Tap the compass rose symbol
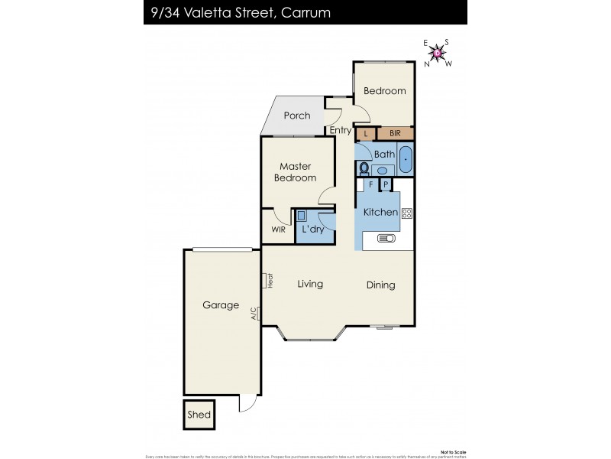(x=438, y=53)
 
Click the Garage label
(x=220, y=304)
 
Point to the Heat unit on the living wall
(x=269, y=281)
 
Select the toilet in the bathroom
(x=364, y=168)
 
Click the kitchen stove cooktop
(x=406, y=213)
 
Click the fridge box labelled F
(x=371, y=184)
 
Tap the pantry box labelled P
(x=386, y=184)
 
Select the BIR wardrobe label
(x=396, y=134)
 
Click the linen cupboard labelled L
(x=366, y=134)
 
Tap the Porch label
(x=297, y=116)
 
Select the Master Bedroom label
(x=297, y=172)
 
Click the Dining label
(x=380, y=285)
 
